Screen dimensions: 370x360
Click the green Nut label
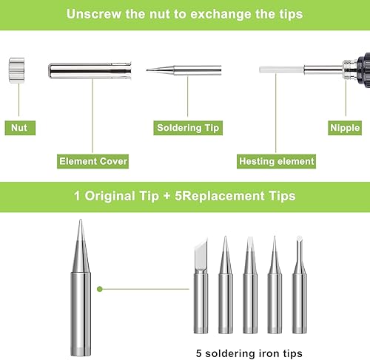coord(20,128)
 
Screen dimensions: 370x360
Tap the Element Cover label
coord(92,161)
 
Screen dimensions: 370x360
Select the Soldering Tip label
coord(188,128)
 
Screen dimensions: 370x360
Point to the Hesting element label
coord(276,161)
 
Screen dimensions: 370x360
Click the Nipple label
coord(345,128)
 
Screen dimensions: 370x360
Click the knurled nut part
coord(16,70)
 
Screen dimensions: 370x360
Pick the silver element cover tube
coord(90,71)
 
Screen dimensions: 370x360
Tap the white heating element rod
coord(281,69)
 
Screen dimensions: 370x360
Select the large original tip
coord(81,286)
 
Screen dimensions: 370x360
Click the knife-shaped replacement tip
coord(201,286)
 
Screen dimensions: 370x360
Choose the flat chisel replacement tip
coord(250,286)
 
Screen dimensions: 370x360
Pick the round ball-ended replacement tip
coord(300,286)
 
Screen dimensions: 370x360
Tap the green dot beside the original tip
coord(100,289)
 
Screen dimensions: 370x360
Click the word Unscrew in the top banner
coord(94,14)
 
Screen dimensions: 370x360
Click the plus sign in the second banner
coord(167,197)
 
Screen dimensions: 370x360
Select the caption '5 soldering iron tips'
coord(249,353)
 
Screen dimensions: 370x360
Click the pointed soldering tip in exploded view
coord(184,70)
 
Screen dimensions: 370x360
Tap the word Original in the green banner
coord(110,197)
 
